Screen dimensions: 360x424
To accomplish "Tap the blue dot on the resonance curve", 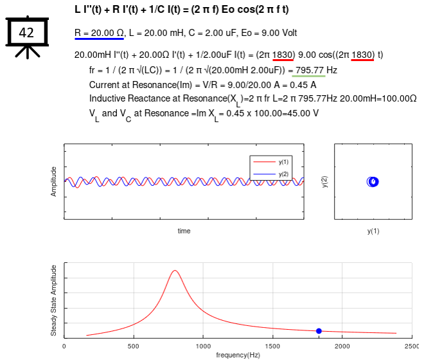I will pos(319,330).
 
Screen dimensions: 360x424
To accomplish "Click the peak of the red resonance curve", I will pos(175,271).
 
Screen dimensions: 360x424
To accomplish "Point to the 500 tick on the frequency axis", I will pos(134,346).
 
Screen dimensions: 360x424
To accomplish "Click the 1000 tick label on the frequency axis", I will pos(203,346).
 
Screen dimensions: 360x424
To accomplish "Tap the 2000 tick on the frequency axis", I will pos(342,346).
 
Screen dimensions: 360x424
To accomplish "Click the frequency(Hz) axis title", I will pos(238,355).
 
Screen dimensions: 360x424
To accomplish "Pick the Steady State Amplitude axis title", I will pos(54,300).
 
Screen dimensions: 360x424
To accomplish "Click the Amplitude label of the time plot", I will pos(54,182).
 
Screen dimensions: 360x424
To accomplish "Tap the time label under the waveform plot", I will pos(184,231).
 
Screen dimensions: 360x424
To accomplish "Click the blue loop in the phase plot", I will pos(373,182).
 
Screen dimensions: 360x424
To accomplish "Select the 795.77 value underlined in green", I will pos(309,70).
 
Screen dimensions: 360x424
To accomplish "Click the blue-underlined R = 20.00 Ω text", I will pos(99,32).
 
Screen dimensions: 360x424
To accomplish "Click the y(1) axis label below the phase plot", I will pos(373,231).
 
